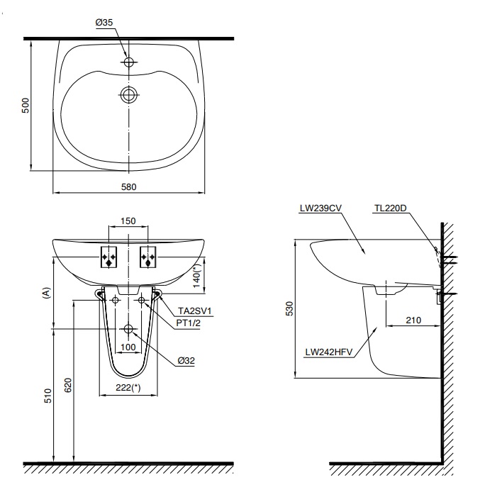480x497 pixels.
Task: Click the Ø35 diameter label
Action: (x=104, y=23)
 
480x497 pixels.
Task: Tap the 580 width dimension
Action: (x=128, y=187)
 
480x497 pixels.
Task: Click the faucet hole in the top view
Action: (x=128, y=63)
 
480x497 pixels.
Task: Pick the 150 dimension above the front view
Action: (x=128, y=221)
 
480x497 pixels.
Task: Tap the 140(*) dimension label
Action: (x=198, y=272)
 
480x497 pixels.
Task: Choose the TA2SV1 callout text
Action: (x=195, y=311)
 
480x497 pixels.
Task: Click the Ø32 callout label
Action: (x=186, y=360)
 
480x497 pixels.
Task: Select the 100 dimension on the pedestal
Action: (x=128, y=347)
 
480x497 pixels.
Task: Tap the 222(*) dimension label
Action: (x=128, y=388)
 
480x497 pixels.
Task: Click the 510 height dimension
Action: (x=47, y=395)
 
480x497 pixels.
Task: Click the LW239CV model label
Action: (x=321, y=208)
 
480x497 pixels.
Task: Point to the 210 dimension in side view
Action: (x=413, y=320)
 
